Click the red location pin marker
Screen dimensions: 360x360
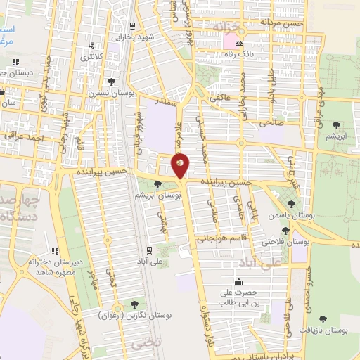(x=181, y=166)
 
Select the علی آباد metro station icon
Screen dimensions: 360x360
(x=148, y=249)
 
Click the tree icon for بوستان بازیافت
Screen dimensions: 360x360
(x=323, y=319)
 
